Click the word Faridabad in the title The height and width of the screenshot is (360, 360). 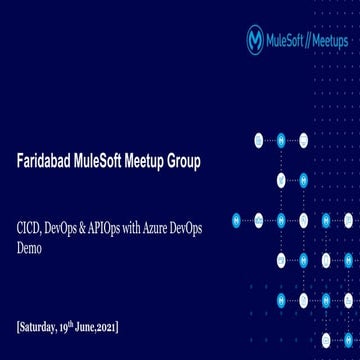46,161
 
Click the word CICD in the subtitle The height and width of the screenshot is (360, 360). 30,228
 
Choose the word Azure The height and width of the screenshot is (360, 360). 173,228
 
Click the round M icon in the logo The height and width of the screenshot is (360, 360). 255,39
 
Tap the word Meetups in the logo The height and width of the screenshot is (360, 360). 330,40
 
